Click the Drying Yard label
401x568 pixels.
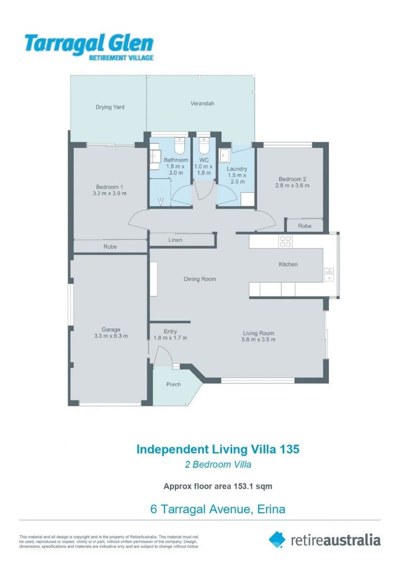click(x=110, y=107)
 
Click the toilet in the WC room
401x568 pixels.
click(x=204, y=144)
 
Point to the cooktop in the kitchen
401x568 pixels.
click(x=285, y=241)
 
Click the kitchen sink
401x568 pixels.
click(x=329, y=273)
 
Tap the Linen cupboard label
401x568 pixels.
click(x=175, y=240)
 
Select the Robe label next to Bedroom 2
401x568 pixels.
click(x=304, y=226)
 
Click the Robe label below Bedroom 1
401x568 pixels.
click(x=110, y=247)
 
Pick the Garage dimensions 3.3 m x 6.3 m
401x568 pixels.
click(x=110, y=336)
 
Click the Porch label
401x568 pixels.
click(x=173, y=384)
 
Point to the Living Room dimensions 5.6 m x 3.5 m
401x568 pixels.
click(x=259, y=340)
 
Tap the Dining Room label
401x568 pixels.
click(x=200, y=279)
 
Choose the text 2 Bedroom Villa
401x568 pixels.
click(x=218, y=465)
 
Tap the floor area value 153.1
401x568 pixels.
click(x=241, y=486)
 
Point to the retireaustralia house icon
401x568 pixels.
click(x=277, y=540)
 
